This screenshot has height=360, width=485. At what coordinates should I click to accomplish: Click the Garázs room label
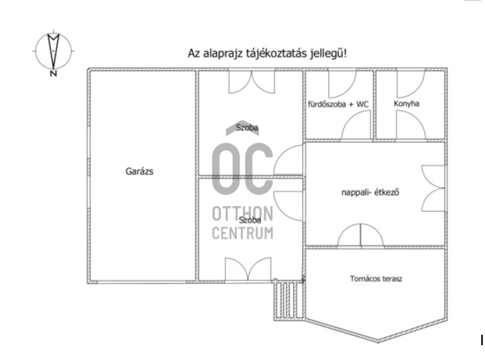click(139, 171)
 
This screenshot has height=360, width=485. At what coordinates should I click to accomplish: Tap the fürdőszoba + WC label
click(338, 104)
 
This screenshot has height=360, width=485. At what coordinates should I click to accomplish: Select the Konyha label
click(406, 103)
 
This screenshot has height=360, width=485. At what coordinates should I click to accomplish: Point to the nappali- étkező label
click(370, 193)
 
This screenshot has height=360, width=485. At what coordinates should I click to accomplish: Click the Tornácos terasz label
click(376, 279)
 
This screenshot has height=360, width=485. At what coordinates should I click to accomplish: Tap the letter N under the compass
click(54, 74)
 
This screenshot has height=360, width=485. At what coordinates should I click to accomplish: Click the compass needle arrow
click(54, 51)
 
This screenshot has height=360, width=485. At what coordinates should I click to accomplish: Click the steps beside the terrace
click(289, 300)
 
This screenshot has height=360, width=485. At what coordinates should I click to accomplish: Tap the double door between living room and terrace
click(361, 235)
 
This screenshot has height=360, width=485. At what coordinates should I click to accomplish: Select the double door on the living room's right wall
click(434, 188)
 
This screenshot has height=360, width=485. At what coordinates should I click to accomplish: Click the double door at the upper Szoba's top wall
click(251, 82)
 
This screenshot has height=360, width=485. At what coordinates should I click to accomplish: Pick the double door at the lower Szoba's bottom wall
click(248, 269)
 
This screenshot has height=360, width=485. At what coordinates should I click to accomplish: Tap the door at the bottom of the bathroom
click(356, 125)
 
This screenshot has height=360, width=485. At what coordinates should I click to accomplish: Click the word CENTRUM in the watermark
click(242, 234)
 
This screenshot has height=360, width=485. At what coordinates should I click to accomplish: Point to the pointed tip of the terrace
click(378, 341)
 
